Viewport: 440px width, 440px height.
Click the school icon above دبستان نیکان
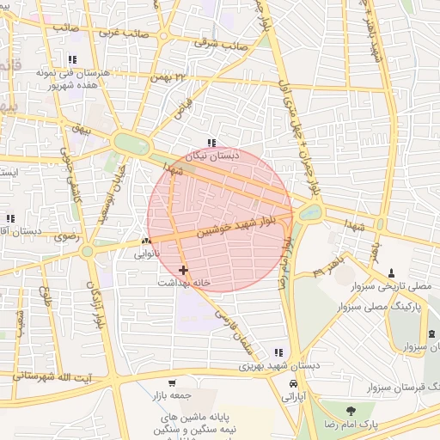point(211,144)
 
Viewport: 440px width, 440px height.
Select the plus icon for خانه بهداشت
point(183,270)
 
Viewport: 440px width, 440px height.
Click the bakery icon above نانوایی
point(146,242)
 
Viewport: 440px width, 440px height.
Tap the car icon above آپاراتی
point(294,383)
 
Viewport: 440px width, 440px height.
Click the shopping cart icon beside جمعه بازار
point(172,383)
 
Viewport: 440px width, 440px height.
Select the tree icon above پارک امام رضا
point(349,411)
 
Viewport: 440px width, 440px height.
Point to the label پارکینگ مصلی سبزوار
point(388,306)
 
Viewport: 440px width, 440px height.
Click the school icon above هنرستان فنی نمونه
point(72,60)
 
